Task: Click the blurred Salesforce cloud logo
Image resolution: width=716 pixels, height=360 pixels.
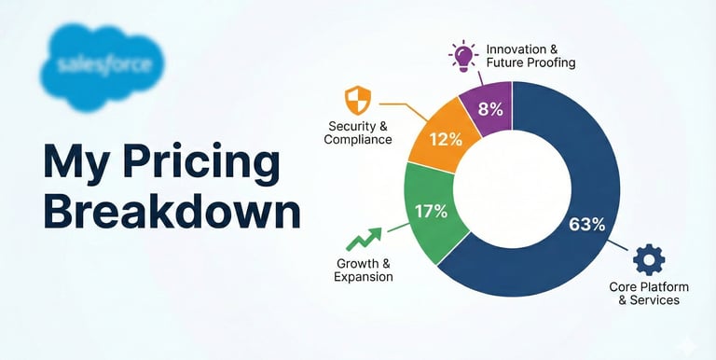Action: coord(103,66)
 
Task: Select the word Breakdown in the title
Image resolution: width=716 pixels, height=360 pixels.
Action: coord(172,212)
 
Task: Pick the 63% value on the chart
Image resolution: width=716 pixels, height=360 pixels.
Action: coord(586,225)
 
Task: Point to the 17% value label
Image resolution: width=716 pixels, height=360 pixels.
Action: coord(431,212)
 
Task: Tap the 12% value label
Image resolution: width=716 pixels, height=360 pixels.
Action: coord(446,140)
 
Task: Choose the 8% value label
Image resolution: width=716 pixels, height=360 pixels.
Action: coord(490,110)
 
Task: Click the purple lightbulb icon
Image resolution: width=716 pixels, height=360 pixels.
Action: coord(462,56)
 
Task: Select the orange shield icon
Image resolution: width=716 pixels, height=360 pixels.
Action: coord(358,100)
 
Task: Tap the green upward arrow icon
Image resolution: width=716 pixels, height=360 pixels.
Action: coord(364,240)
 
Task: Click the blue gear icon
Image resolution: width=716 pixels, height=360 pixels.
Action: coord(649,259)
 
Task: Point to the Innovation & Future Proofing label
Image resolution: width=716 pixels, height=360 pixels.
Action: coord(530,56)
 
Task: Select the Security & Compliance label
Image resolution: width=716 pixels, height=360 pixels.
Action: coord(358,132)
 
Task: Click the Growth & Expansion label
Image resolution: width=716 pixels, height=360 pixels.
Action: coord(364,270)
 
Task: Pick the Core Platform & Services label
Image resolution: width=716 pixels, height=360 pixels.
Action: coord(649,294)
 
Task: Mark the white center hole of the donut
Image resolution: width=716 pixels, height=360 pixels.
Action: coord(513,189)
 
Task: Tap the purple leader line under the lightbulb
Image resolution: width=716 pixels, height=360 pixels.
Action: coord(479,79)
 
